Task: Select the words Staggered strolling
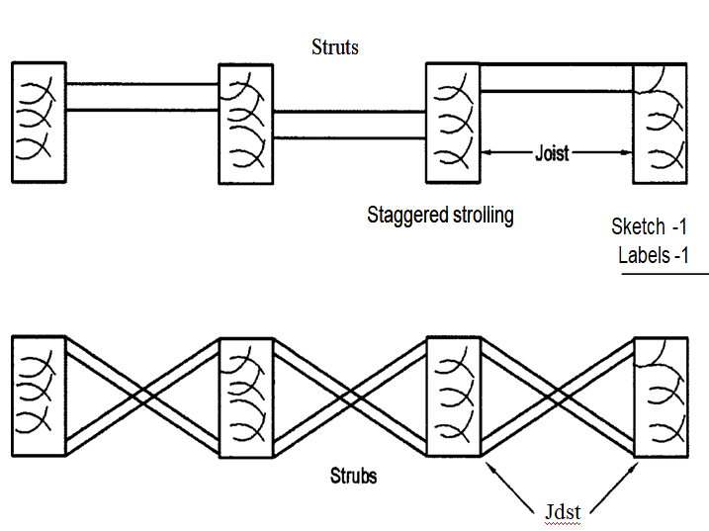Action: [440, 214]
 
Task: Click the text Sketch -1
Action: [649, 226]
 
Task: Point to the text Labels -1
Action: [653, 254]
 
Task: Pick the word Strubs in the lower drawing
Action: [353, 476]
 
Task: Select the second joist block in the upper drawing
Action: [245, 124]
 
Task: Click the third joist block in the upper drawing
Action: [452, 123]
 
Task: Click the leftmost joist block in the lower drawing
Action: [39, 397]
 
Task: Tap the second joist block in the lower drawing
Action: [245, 397]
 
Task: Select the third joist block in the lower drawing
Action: [452, 397]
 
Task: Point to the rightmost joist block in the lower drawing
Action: [660, 397]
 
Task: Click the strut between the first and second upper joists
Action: [141, 97]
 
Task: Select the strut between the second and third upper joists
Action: [348, 125]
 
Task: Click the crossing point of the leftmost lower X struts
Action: [141, 397]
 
